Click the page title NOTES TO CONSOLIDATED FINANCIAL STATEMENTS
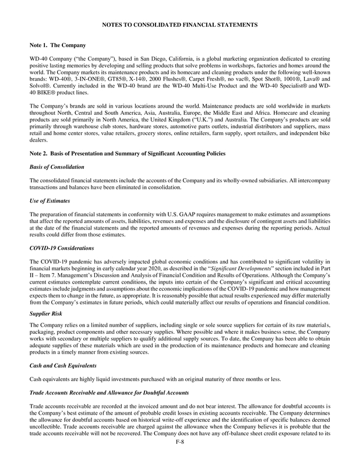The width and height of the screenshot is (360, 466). tap(180, 25)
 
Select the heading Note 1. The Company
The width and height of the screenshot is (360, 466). tap(58, 45)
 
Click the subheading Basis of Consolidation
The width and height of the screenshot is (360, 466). tap(56, 167)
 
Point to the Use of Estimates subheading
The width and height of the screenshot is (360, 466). tap(50, 200)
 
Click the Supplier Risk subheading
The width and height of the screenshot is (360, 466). tap(46, 313)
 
